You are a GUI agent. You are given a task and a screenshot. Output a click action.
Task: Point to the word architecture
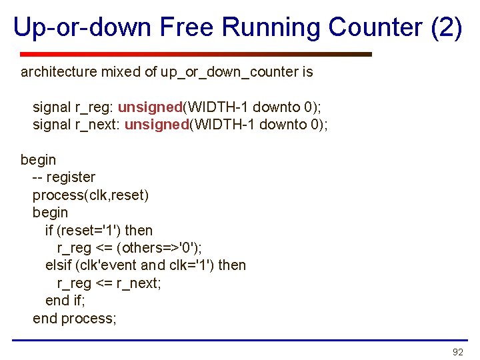coord(57,71)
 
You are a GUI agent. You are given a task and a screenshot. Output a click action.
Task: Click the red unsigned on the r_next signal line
coord(157,124)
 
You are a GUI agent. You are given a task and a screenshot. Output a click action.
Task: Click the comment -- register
coord(64,177)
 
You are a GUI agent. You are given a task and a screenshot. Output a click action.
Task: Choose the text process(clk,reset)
coord(91,195)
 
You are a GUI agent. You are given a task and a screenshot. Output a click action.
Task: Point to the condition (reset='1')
coord(89,230)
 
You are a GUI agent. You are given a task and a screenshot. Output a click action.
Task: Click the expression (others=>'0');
coord(159,248)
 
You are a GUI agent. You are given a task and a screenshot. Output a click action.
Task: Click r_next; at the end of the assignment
coord(139,283)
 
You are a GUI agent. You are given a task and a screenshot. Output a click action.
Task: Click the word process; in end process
coord(89,318)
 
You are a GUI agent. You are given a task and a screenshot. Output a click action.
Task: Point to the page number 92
coord(457,352)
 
